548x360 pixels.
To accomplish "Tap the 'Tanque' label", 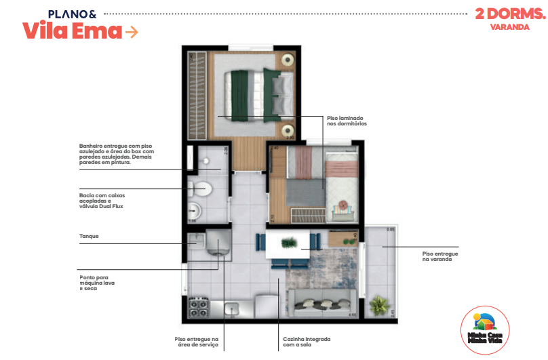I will tap(90, 237).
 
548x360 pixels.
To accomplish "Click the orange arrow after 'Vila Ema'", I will tap(132, 31).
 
